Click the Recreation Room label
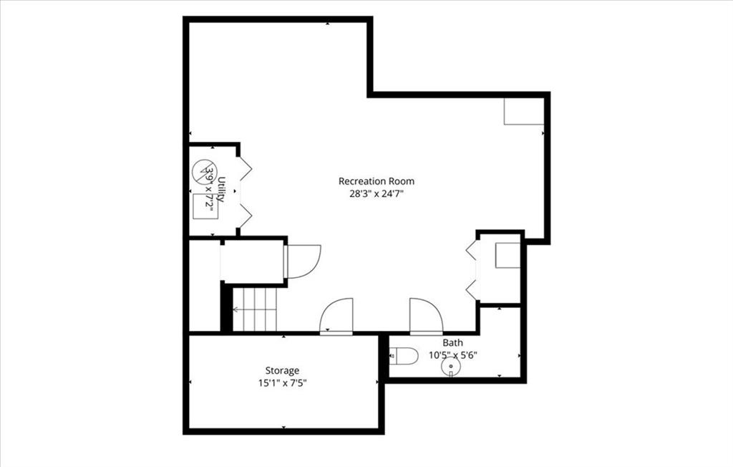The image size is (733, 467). click(x=377, y=181)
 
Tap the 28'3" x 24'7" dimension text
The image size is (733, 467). click(x=377, y=193)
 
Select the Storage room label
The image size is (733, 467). click(x=282, y=371)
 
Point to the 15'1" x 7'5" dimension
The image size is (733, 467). click(x=282, y=383)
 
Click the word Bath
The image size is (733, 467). click(x=452, y=342)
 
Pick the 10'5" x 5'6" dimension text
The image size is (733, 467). click(x=453, y=355)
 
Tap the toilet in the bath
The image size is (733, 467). click(x=404, y=356)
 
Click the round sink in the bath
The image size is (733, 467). click(x=451, y=367)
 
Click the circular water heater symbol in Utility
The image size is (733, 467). click(x=205, y=171)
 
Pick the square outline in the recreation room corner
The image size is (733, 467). click(x=523, y=111)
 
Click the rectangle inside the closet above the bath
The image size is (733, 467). click(x=508, y=256)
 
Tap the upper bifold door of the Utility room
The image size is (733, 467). click(x=245, y=168)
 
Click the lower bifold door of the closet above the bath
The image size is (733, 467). click(x=472, y=290)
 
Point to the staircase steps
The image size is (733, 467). click(x=255, y=309)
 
